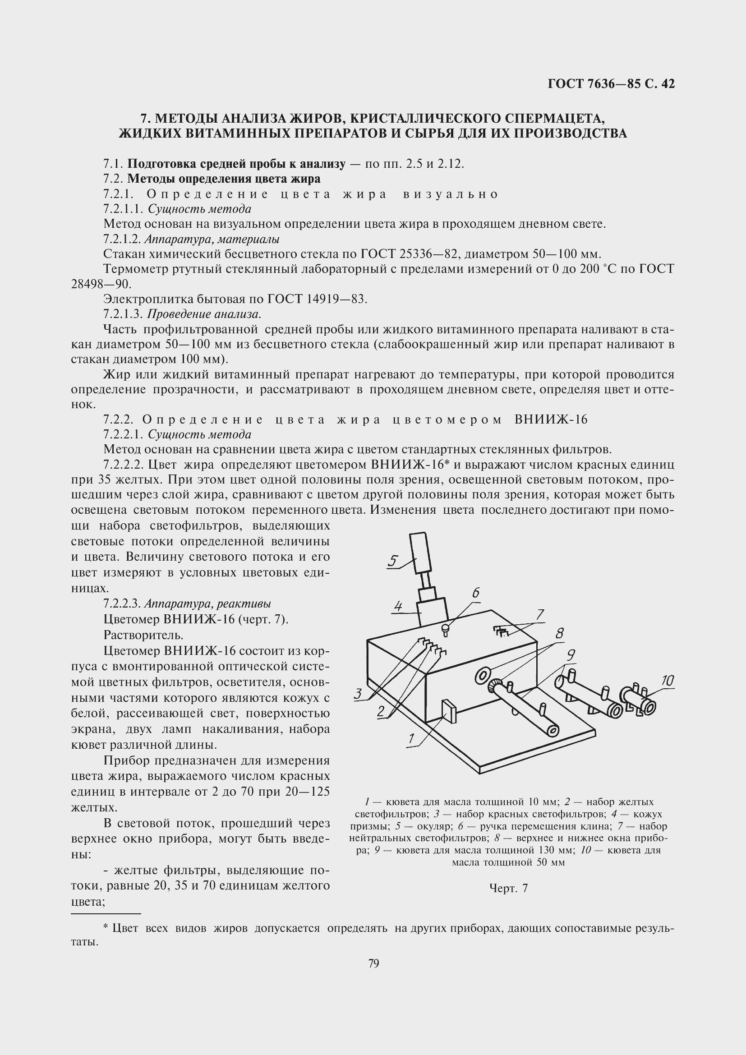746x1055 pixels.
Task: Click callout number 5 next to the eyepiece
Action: click(393, 561)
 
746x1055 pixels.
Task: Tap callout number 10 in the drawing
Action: click(668, 681)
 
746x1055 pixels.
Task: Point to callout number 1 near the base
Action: click(412, 739)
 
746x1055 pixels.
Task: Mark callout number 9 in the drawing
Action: click(571, 655)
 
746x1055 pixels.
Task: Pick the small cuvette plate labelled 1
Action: click(449, 711)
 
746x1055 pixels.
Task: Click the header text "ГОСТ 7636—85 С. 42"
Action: click(611, 83)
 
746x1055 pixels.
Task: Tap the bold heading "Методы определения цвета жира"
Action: click(224, 178)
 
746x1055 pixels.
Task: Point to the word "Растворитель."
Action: click(143, 635)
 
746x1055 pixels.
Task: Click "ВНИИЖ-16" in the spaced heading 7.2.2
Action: click(551, 419)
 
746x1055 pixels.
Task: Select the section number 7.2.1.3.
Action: click(124, 314)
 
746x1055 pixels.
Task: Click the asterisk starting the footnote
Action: click(106, 928)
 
